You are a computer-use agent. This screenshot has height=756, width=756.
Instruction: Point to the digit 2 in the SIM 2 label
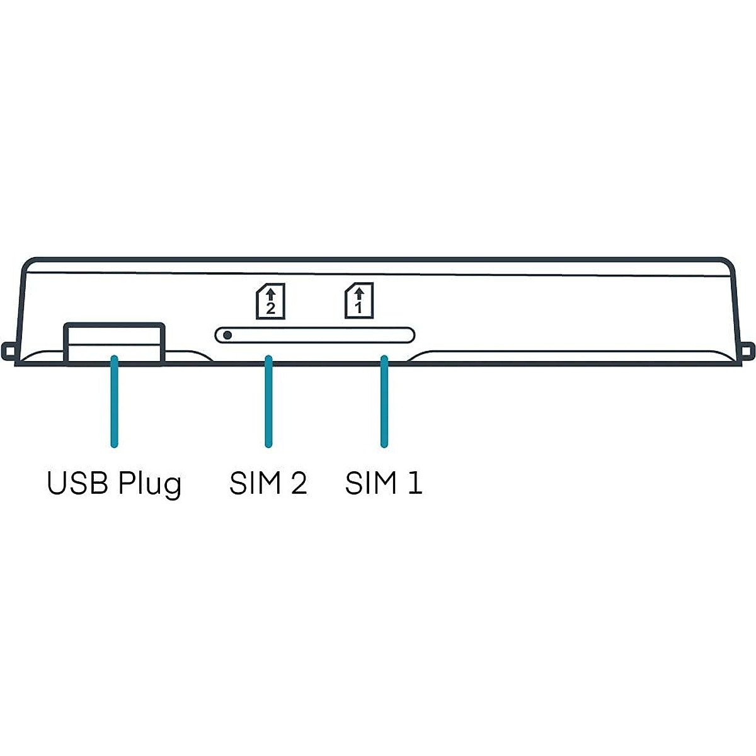pos(298,483)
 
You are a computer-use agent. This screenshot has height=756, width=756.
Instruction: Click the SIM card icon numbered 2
pos(270,301)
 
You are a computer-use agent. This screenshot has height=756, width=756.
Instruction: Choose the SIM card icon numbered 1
pos(359,301)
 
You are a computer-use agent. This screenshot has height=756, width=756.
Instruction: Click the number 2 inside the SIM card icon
pos(271,309)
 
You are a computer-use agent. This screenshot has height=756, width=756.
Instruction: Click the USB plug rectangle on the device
pos(114,343)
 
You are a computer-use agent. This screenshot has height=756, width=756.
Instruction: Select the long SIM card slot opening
pos(315,335)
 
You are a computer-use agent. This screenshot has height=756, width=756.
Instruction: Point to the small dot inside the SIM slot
pos(227,335)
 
